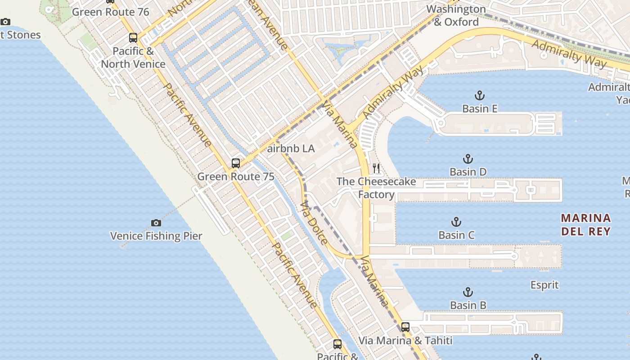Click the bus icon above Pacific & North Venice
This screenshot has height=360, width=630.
pos(133,38)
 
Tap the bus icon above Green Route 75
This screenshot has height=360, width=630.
pos(236,163)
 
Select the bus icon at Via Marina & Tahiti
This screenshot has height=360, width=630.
pos(405,327)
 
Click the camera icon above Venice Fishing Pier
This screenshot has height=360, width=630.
pos(156,223)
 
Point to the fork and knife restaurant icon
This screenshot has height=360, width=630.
pos(376,168)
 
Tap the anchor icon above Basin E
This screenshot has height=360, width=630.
pos(480,95)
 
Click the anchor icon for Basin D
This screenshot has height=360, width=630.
pos(468,159)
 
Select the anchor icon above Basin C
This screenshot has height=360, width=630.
pos(456,222)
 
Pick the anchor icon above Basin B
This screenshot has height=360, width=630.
pos(468,292)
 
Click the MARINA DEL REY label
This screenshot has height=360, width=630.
pos(586,225)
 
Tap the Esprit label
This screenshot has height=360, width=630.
pos(544,285)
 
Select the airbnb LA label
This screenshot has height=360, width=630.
pos(291,148)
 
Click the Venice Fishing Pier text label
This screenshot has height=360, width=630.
pos(156,236)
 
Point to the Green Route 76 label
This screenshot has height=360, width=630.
pos(111,12)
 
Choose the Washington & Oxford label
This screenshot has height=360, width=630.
pos(456,15)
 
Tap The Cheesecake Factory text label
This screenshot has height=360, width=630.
pos(376,188)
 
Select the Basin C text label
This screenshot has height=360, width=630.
pos(456,235)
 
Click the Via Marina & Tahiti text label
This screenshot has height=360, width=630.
pos(405,341)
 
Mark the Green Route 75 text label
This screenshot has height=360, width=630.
pos(236,176)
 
